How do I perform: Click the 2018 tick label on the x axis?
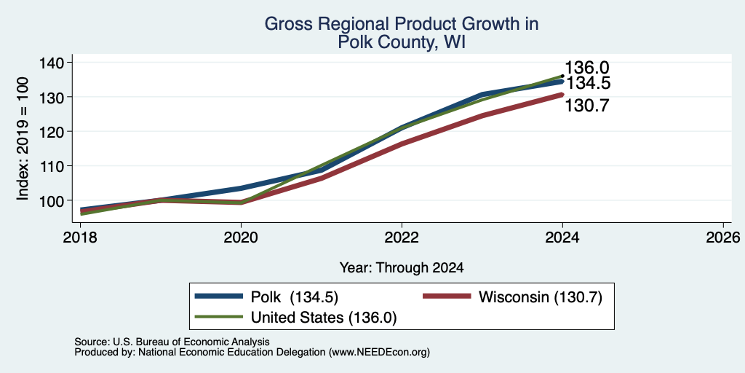tap(80, 237)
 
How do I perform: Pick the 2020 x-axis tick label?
tap(242, 237)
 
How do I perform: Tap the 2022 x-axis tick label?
tap(402, 237)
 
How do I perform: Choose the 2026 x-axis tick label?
tap(723, 237)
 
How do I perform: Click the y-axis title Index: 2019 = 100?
tap(23, 138)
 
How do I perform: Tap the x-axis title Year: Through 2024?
tap(402, 268)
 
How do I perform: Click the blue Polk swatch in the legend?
tap(218, 297)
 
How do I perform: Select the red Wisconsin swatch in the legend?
tap(446, 297)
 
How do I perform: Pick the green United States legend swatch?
tap(218, 317)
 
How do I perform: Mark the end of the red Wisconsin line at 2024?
tap(562, 95)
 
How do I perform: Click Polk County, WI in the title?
tap(402, 43)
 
